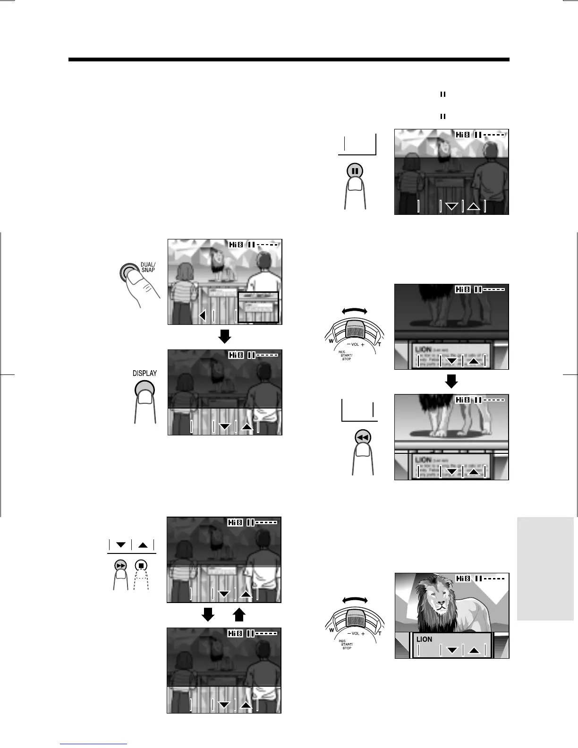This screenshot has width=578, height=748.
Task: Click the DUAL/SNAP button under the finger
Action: click(127, 272)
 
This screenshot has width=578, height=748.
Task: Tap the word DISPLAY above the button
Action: click(144, 373)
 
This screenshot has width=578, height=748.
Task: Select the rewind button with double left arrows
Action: click(363, 438)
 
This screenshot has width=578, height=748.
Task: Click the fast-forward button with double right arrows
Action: click(121, 565)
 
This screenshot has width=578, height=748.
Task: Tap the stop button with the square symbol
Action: click(142, 565)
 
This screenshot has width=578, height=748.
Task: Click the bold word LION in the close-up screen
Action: click(424, 639)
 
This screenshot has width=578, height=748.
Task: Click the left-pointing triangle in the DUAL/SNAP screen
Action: click(203, 315)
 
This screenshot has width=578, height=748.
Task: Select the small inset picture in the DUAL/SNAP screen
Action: click(258, 307)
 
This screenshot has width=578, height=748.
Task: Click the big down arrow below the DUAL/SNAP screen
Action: click(225, 336)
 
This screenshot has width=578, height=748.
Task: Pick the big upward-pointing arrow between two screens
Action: click(239, 614)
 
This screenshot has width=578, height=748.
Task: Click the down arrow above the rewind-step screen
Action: click(451, 381)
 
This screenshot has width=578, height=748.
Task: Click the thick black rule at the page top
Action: click(289, 60)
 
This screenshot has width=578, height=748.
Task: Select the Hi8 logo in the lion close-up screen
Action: click(463, 578)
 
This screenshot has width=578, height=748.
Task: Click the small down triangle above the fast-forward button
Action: click(120, 545)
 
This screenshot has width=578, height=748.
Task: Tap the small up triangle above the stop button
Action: click(143, 545)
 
